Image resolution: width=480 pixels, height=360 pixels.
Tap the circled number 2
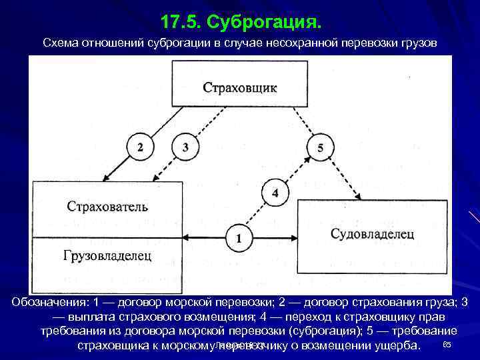[139, 148]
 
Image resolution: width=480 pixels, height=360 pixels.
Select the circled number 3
[185, 148]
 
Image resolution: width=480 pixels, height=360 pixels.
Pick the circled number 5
[321, 148]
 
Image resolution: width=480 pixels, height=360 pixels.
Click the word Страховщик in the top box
[240, 87]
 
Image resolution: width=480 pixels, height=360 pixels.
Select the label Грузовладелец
[107, 255]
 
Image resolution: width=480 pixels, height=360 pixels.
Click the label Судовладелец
[372, 233]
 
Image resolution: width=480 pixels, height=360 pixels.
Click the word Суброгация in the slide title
[264, 23]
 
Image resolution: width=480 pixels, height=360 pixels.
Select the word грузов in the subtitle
[419, 43]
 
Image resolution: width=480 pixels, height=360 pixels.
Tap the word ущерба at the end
[396, 345]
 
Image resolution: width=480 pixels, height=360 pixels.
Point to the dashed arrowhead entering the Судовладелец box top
[361, 197]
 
